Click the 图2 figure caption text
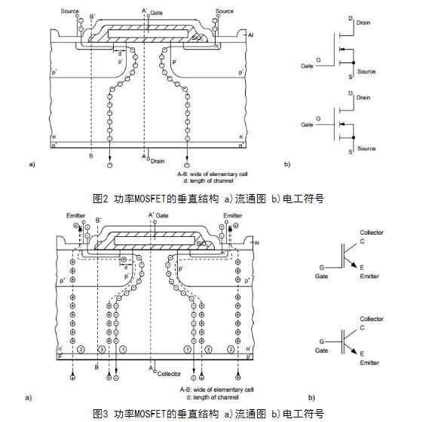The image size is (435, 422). point(208,199)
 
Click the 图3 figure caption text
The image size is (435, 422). point(208,413)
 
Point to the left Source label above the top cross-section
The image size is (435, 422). point(70,12)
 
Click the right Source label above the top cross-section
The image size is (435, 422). point(225,12)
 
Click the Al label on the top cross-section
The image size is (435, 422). point(250,34)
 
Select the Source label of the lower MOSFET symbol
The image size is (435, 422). point(366,149)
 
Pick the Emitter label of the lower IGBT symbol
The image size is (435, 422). point(369,363)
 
